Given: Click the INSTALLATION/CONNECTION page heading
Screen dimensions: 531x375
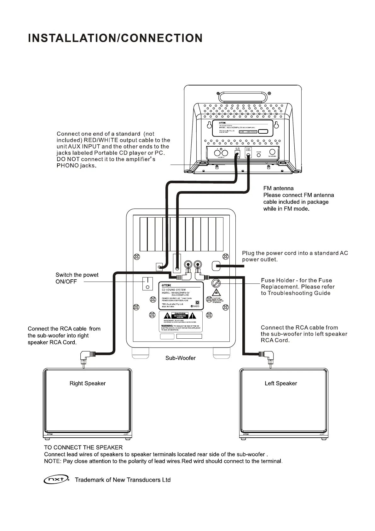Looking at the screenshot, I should (115, 38).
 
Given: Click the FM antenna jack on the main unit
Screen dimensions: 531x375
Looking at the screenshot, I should (272, 152).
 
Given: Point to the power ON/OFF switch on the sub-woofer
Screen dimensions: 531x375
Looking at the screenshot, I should (147, 283).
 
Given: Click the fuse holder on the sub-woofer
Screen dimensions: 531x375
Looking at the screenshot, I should (216, 283).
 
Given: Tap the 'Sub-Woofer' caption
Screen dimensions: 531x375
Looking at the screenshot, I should (181, 358).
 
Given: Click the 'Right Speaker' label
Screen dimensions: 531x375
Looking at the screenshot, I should (88, 383).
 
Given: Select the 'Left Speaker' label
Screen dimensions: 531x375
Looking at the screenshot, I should (281, 383).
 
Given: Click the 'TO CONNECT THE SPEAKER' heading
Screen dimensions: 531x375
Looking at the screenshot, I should (83, 447).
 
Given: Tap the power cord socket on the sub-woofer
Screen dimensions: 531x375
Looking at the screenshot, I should (216, 266).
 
